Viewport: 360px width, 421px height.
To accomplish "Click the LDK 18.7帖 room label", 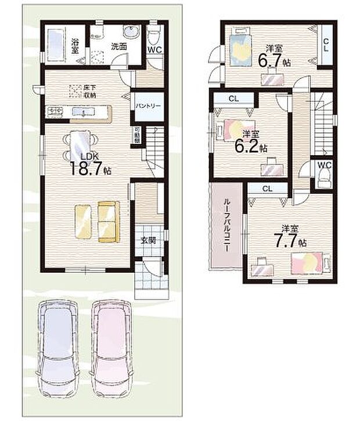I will click(91, 164).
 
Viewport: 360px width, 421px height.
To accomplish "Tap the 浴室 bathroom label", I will click(75, 46).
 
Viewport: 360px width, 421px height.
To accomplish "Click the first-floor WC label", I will click(154, 50).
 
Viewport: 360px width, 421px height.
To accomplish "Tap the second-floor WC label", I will click(324, 165).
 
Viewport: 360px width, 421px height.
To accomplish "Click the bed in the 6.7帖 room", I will click(239, 46).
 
